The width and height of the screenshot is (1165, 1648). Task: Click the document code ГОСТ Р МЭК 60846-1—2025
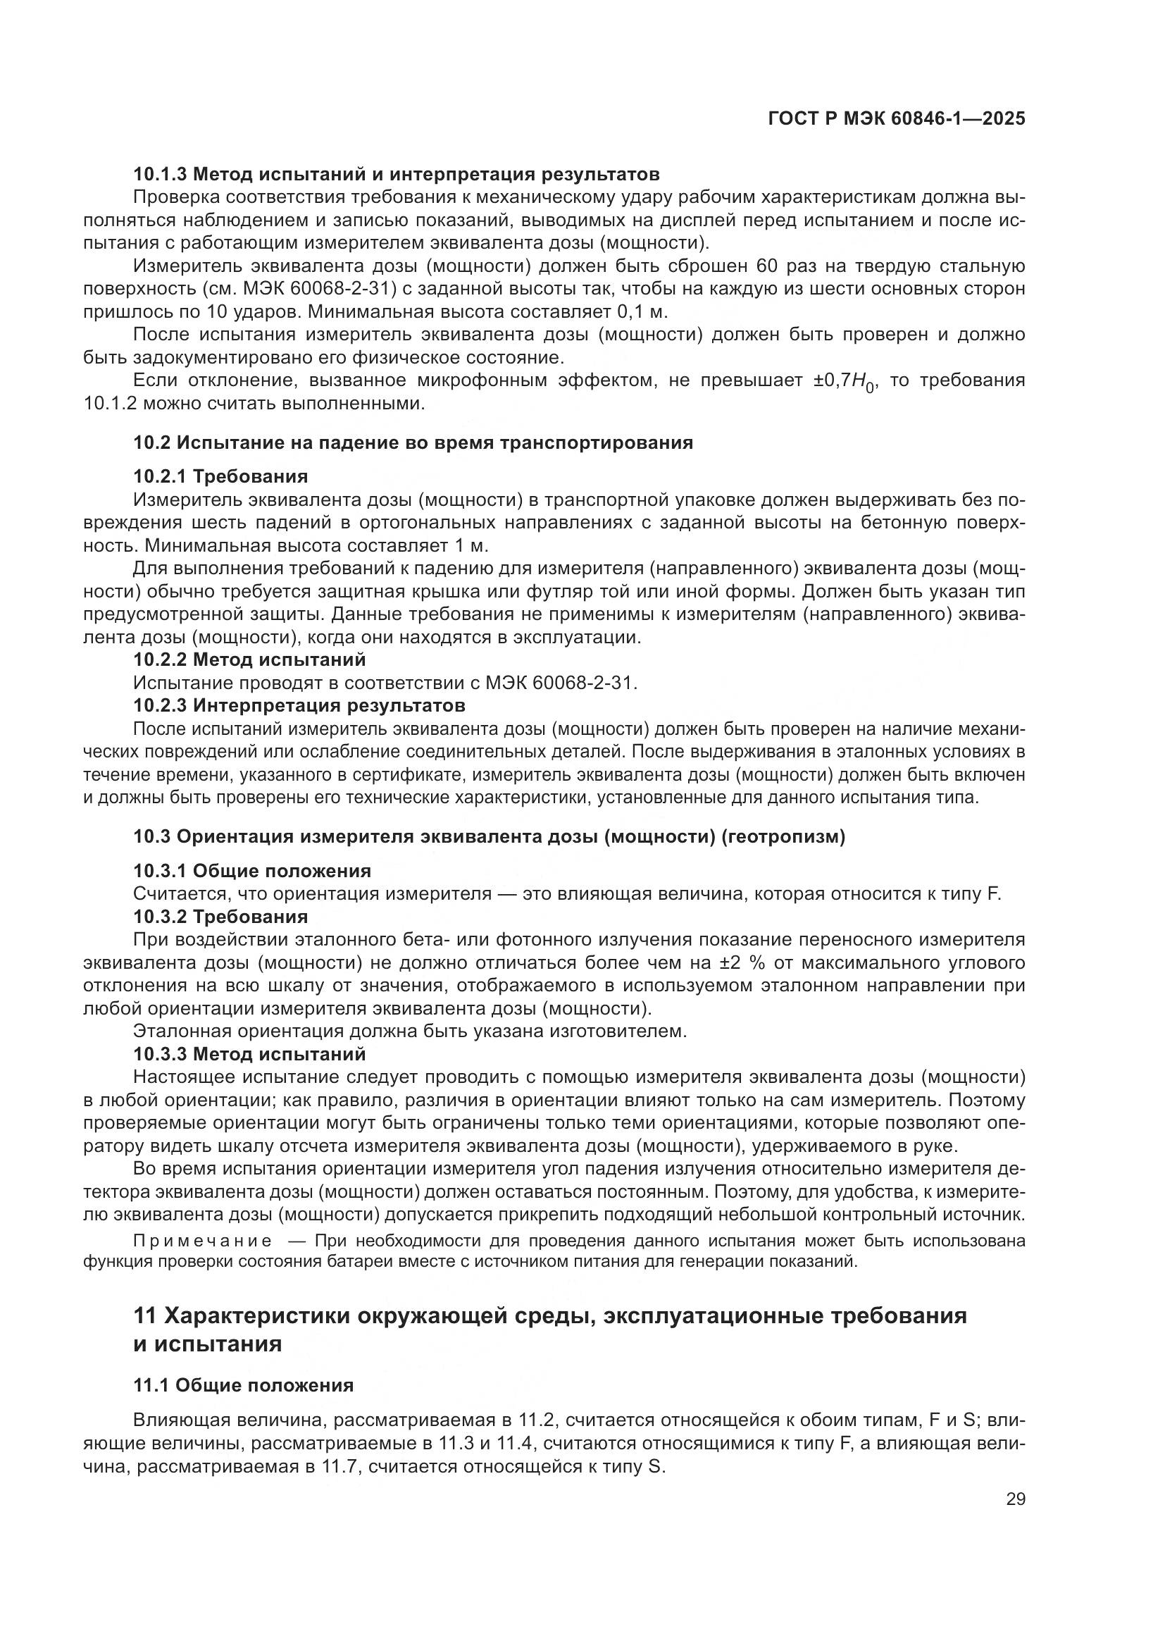click(x=896, y=119)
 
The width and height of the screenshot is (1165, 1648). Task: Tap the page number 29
click(x=1015, y=1499)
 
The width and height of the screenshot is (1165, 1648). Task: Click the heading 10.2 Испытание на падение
click(x=413, y=442)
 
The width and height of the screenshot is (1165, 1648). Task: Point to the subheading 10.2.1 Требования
click(x=220, y=476)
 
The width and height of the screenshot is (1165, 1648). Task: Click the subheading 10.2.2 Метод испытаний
click(x=249, y=659)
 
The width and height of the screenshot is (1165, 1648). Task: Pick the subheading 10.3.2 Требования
click(x=220, y=917)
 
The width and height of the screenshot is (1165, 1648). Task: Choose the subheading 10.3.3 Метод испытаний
click(x=249, y=1055)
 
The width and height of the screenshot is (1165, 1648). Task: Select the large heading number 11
click(x=145, y=1316)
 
